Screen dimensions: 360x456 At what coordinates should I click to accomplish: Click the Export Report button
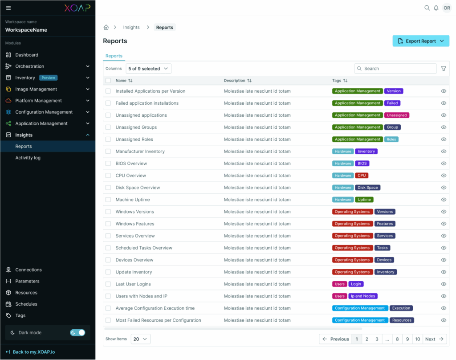point(420,41)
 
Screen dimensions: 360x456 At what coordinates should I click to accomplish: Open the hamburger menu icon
point(8,8)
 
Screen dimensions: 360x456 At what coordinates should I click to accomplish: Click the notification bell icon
point(436,8)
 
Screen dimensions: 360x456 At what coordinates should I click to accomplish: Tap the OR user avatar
point(447,8)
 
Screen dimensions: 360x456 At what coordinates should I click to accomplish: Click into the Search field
point(396,69)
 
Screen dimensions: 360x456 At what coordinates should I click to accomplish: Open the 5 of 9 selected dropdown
point(148,69)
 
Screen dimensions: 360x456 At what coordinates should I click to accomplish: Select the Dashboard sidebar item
point(27,55)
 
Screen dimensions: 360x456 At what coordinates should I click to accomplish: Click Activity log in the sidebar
point(28,158)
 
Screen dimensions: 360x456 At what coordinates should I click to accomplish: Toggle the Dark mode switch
point(77,332)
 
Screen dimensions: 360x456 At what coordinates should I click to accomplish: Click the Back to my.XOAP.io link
point(33,352)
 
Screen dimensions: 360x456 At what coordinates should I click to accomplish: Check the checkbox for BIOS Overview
point(108,164)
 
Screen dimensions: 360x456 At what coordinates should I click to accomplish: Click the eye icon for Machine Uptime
point(444,200)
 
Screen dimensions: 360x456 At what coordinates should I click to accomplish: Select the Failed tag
point(392,103)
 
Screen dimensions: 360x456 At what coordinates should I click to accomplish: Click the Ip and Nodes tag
point(362,296)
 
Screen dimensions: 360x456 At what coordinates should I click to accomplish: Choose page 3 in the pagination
point(377,339)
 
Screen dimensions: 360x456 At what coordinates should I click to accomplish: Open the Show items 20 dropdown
point(140,339)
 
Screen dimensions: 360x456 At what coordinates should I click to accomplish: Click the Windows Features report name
point(134,224)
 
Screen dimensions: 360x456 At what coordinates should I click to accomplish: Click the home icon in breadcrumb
point(106,27)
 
